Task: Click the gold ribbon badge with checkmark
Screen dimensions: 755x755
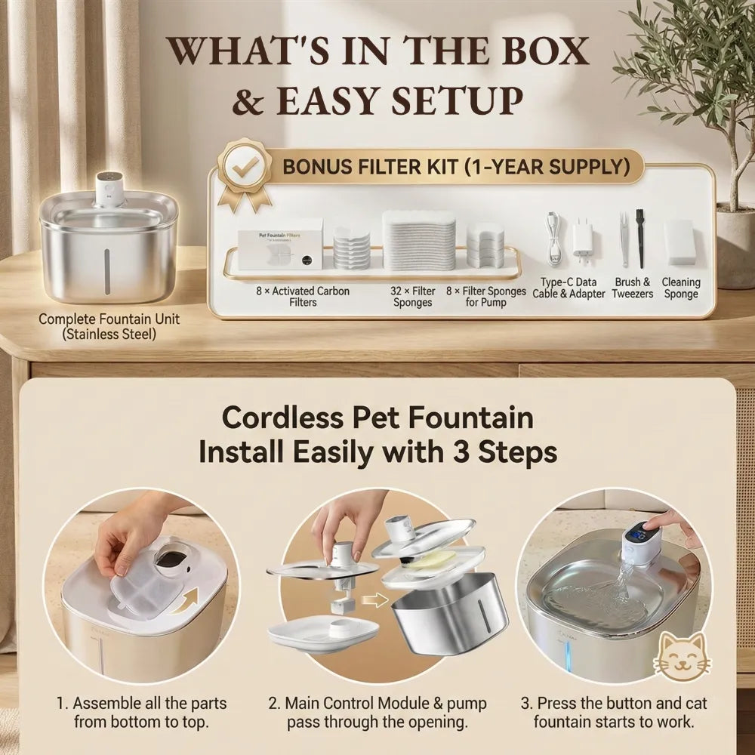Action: coord(244,171)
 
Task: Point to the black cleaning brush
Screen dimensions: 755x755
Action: coord(640,239)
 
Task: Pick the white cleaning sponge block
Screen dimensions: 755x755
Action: coord(680,242)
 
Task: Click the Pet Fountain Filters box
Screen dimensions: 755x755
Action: coord(280,249)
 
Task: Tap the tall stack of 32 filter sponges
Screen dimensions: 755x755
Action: coord(419,240)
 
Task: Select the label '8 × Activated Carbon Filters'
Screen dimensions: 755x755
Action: coord(303,297)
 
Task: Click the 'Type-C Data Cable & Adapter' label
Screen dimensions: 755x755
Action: coord(569,288)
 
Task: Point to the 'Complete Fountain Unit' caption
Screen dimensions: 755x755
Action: coord(109,326)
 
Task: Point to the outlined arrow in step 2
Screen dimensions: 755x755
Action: coord(374,600)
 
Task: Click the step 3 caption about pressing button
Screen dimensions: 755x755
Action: coord(614,712)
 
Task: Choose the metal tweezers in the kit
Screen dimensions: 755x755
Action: coord(624,239)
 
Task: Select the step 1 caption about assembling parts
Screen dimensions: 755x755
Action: coord(142,712)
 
